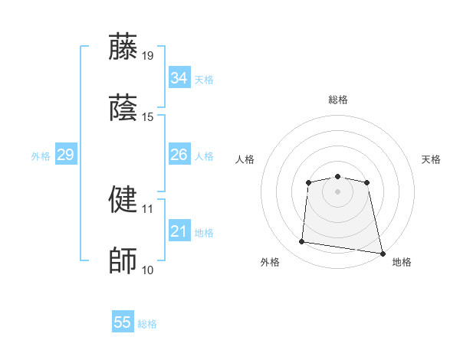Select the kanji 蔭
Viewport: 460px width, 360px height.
click(124, 108)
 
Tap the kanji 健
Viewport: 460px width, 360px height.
click(124, 199)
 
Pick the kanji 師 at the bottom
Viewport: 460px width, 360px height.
click(124, 261)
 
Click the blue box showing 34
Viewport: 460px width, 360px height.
click(179, 78)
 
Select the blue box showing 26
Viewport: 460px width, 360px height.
click(179, 155)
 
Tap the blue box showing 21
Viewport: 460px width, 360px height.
click(179, 231)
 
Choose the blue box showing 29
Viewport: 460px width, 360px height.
click(65, 155)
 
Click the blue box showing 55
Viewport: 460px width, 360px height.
click(123, 322)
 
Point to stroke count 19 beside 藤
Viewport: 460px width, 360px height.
click(147, 55)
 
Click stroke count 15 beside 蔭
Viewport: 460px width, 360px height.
click(147, 117)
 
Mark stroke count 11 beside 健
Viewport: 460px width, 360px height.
click(147, 208)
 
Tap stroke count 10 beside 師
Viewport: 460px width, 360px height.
click(147, 270)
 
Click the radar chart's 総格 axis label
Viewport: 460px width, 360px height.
click(338, 100)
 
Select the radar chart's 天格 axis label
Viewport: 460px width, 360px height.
click(432, 159)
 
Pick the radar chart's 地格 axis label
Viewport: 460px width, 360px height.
click(402, 263)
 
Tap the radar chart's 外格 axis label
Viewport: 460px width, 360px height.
click(270, 263)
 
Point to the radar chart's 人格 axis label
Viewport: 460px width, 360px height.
click(245, 159)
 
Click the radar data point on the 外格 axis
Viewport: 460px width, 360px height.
click(302, 242)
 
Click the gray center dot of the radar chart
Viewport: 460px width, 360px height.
click(337, 191)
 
